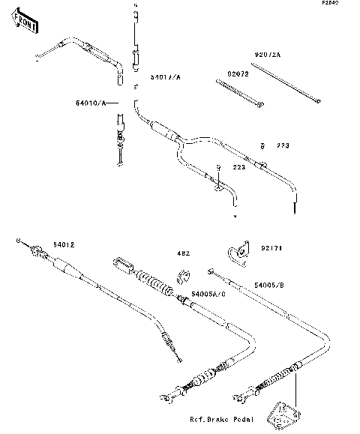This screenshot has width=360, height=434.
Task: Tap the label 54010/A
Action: pyautogui.click(x=91, y=101)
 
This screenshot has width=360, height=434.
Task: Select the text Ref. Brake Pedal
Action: pyautogui.click(x=222, y=420)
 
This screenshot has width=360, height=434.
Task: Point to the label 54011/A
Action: pyautogui.click(x=165, y=76)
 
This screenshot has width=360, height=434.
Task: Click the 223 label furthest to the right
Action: pyautogui.click(x=283, y=145)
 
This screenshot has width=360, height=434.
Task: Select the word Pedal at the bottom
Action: pyautogui.click(x=248, y=420)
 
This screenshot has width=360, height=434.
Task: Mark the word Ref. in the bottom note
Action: pyautogui.click(x=199, y=420)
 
